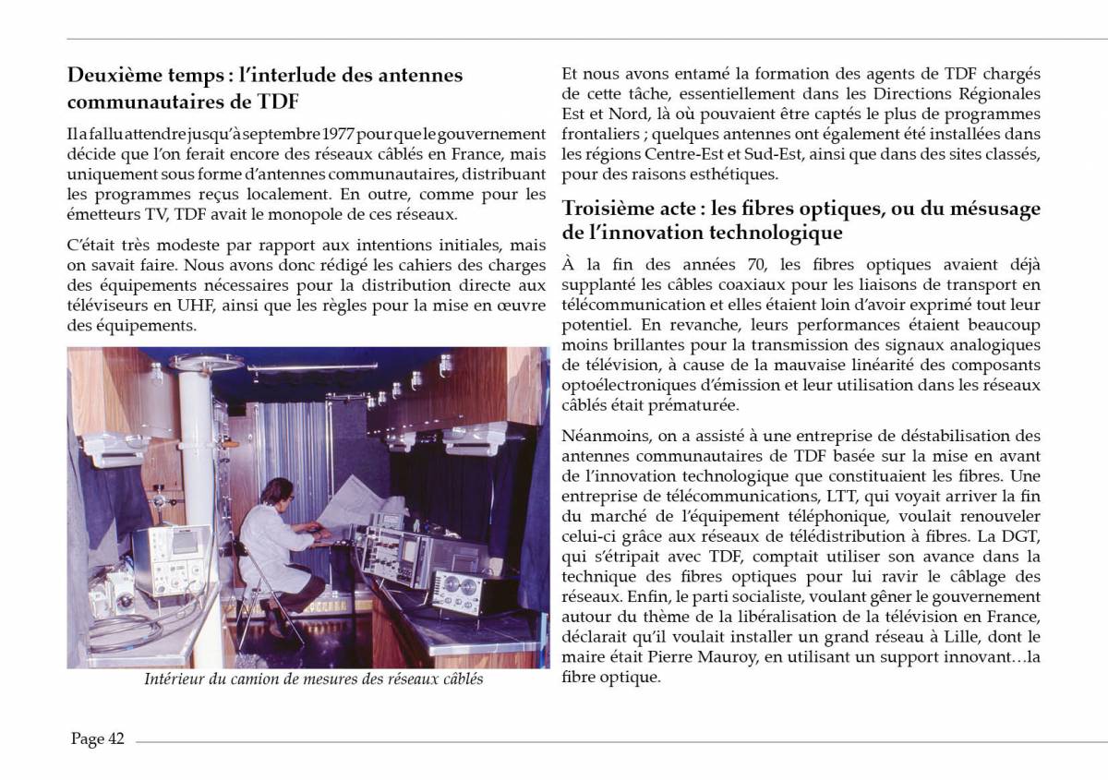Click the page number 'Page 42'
(98, 738)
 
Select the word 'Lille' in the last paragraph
(942, 636)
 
